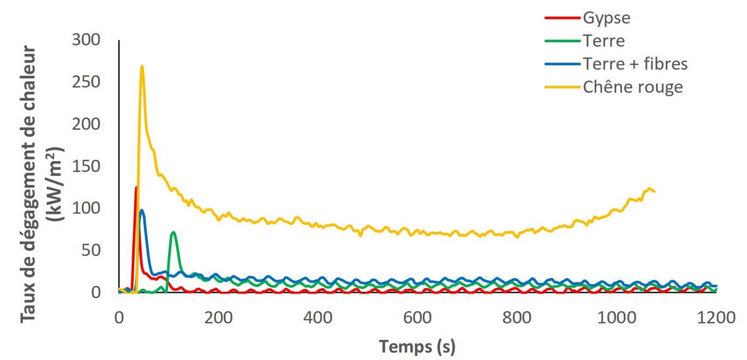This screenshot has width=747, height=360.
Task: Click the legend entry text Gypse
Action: (x=606, y=18)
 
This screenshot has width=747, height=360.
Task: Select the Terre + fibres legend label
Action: (x=635, y=64)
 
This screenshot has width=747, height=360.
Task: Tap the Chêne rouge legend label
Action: (x=633, y=88)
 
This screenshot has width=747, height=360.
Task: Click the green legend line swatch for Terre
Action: (x=561, y=41)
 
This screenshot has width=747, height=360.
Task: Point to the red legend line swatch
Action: (x=561, y=18)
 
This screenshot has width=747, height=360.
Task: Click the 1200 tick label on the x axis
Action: (x=715, y=319)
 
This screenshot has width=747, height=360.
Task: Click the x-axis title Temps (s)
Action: (x=417, y=347)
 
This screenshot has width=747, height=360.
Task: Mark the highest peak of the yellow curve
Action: (x=142, y=66)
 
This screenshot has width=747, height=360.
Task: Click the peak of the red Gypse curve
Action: (x=136, y=187)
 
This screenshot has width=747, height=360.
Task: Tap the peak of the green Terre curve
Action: (x=173, y=232)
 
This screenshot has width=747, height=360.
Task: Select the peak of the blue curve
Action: (x=142, y=210)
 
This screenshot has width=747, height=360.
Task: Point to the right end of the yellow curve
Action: (x=654, y=191)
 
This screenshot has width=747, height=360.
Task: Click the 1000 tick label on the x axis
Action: (x=616, y=319)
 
